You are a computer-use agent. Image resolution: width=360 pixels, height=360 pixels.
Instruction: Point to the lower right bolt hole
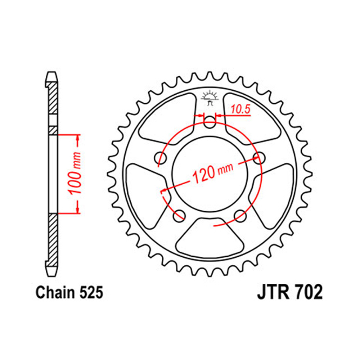[x=240, y=215]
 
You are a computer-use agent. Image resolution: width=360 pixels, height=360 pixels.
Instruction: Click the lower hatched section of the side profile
[x=53, y=238]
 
